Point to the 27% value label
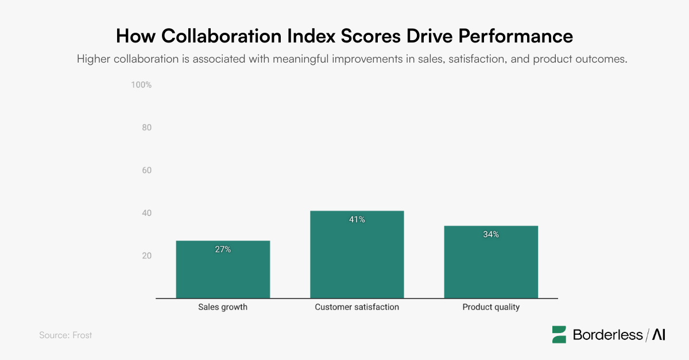pos(223,249)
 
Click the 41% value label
pos(357,219)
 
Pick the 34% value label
pos(491,234)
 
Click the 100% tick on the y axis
pos(141,85)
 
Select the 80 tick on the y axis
pos(146,127)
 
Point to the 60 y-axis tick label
pos(146,171)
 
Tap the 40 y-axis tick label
pos(146,213)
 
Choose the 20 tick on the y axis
pos(146,256)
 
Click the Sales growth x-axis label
pos(223,307)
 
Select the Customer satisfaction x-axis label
pos(357,307)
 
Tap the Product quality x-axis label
pos(491,307)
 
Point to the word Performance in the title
pos(514,36)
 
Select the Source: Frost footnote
pos(65,335)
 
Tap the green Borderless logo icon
pos(559,335)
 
